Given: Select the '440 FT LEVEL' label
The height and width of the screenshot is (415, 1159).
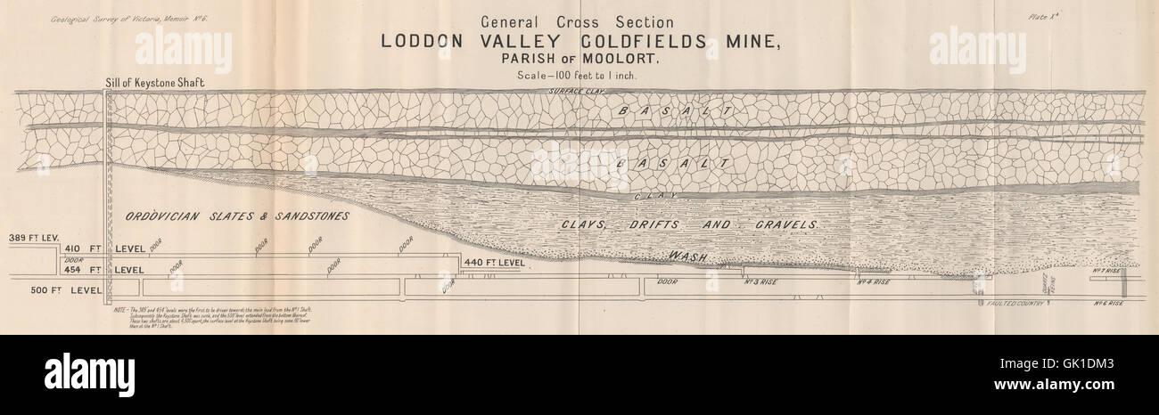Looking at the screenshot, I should coord(494,263).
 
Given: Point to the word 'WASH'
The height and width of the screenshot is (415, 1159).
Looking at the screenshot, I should coord(688,257).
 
